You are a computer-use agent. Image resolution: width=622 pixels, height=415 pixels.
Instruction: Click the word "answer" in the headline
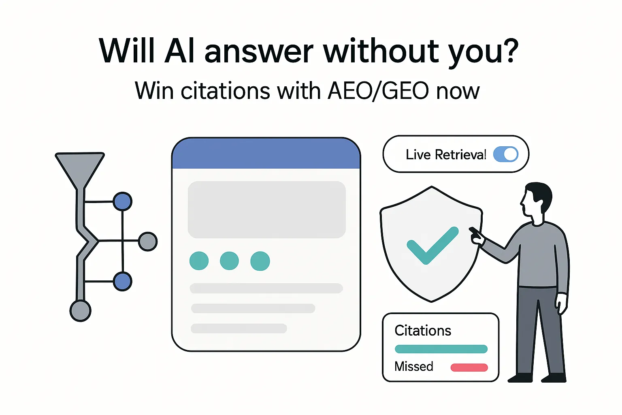(x=259, y=51)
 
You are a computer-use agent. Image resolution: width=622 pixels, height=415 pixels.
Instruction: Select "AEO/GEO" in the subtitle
(x=378, y=90)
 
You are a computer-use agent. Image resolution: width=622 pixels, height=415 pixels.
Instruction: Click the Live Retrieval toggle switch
(x=506, y=154)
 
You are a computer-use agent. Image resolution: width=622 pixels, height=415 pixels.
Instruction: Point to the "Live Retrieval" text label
(x=445, y=154)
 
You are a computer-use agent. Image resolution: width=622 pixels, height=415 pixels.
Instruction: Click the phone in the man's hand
(x=474, y=232)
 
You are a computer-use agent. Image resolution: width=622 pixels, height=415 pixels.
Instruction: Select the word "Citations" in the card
(x=422, y=331)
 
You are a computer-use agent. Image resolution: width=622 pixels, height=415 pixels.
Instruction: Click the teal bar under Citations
(x=441, y=349)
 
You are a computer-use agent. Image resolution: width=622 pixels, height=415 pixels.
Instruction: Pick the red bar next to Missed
(x=469, y=368)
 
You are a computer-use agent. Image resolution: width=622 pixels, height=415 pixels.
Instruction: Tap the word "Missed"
(x=413, y=366)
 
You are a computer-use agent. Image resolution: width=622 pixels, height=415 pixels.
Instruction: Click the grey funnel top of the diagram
(x=80, y=166)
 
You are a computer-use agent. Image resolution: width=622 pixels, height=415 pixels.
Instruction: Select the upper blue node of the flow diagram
(x=122, y=201)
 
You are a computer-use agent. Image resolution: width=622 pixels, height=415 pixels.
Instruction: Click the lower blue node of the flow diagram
(x=122, y=281)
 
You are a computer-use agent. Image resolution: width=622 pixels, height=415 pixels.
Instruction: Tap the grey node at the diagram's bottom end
(x=80, y=311)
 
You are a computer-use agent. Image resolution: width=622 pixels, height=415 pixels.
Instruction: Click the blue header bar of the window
(x=266, y=154)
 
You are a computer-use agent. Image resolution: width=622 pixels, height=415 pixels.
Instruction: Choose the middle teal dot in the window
(x=229, y=261)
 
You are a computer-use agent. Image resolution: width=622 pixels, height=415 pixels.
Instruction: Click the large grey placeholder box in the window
(x=266, y=210)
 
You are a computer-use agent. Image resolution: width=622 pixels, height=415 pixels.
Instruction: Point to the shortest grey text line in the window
(x=239, y=328)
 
